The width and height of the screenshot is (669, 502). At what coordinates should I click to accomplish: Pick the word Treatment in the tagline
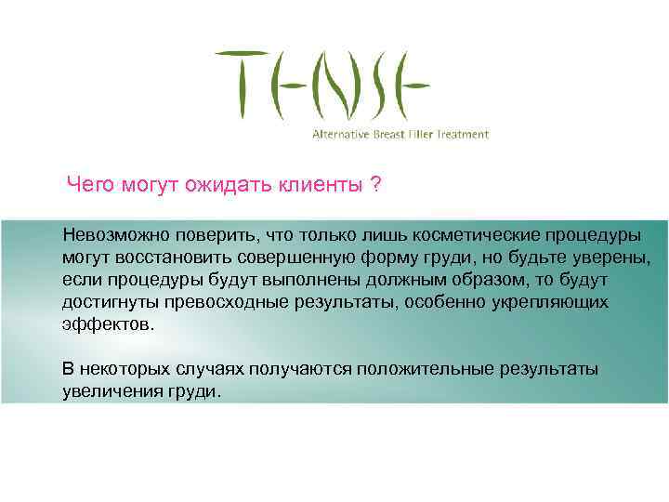(463, 135)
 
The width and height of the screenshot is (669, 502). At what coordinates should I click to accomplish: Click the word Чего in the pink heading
(90, 184)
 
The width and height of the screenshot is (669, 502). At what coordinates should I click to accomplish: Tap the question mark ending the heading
(374, 184)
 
